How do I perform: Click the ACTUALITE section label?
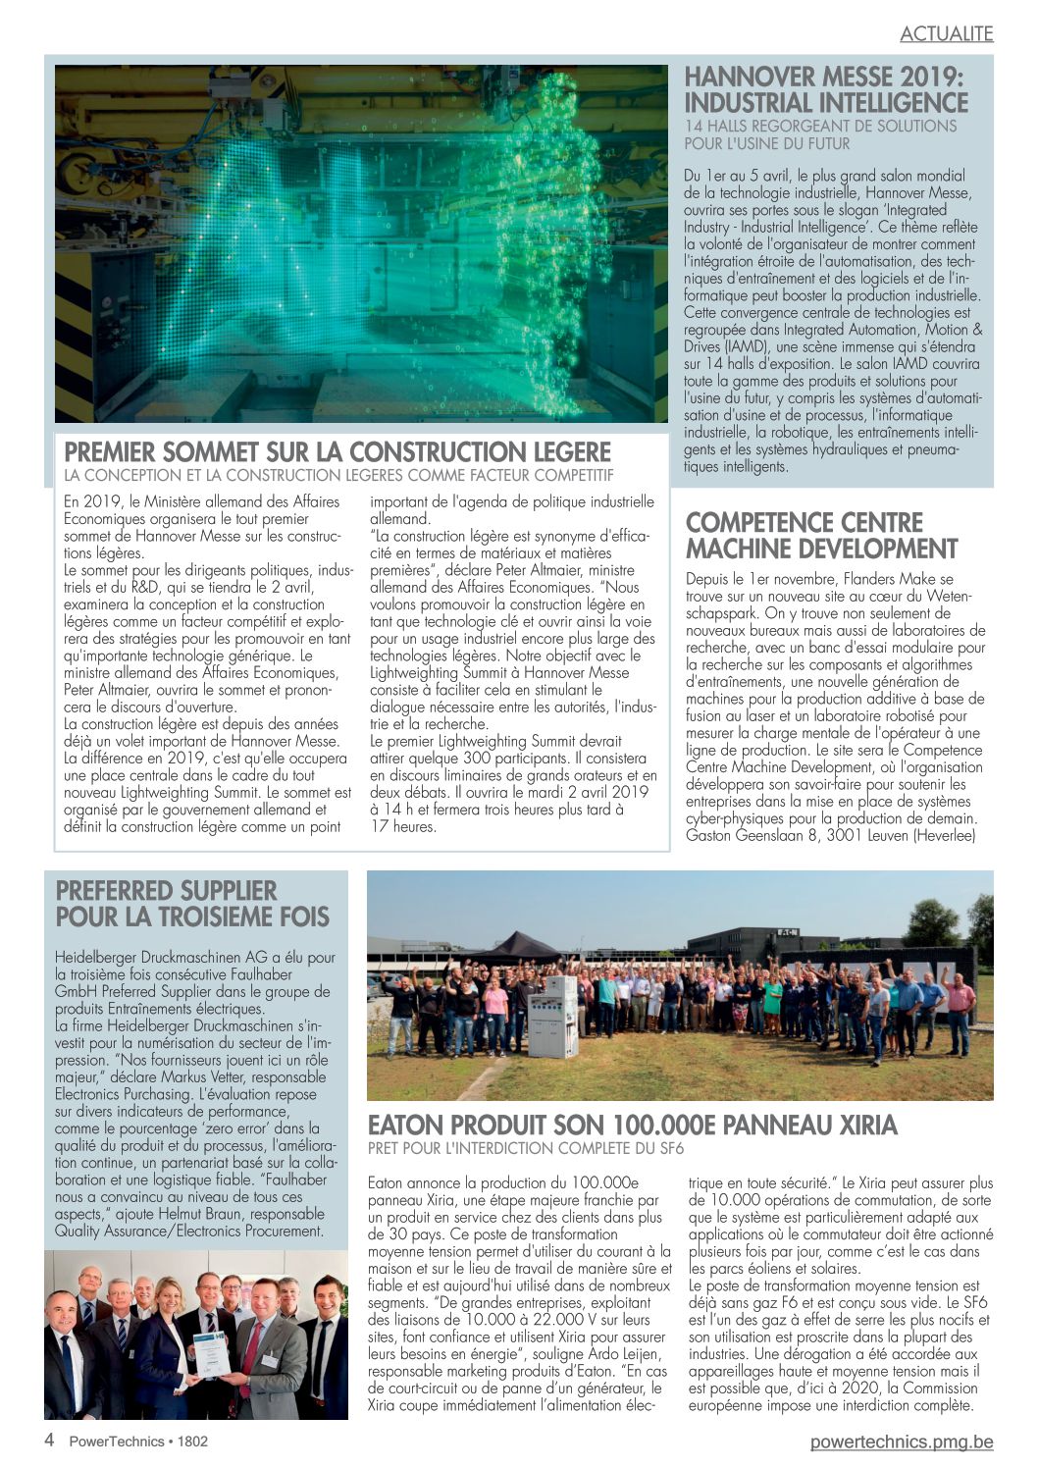946,33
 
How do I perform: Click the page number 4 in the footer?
49,1441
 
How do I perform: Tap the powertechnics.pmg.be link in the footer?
902,1442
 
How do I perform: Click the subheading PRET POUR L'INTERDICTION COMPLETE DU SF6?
526,1148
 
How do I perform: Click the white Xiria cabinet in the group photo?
552,1015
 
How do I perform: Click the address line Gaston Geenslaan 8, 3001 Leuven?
830,836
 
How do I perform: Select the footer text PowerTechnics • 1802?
138,1442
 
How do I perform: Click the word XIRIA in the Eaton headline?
859,1125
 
